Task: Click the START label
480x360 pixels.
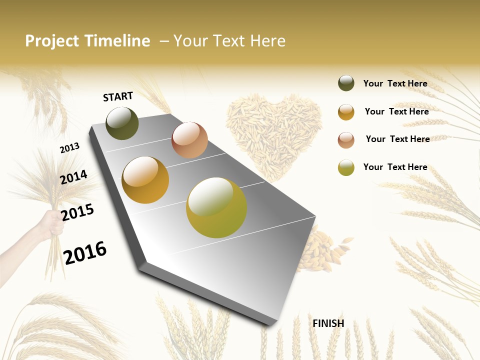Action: click(118, 96)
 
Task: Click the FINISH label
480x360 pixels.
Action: click(328, 323)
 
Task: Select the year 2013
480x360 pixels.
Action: click(69, 148)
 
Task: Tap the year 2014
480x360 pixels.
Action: click(73, 177)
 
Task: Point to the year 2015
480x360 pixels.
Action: click(77, 212)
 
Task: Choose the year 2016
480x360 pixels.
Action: click(85, 252)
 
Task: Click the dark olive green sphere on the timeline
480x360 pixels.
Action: click(122, 123)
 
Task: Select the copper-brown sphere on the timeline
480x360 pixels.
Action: click(189, 140)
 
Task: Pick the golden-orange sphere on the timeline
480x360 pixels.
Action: click(145, 180)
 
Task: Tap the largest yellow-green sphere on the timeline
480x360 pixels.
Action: click(216, 207)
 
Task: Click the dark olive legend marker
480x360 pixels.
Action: click(346, 83)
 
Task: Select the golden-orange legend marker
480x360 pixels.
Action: click(346, 112)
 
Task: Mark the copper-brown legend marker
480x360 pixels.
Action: click(346, 140)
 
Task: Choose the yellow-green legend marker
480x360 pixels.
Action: click(346, 167)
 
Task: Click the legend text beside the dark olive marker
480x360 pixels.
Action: click(395, 83)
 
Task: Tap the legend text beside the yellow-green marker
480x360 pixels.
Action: click(395, 167)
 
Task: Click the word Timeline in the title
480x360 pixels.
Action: click(117, 41)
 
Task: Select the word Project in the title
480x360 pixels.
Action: click(51, 41)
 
